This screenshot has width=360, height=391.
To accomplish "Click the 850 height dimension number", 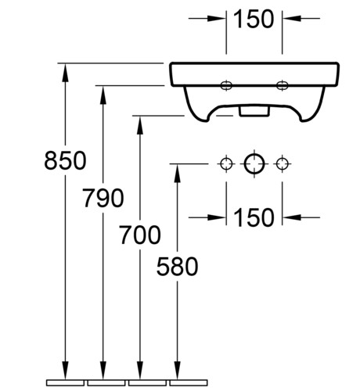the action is (65, 160).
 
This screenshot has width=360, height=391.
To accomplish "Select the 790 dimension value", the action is (103, 198).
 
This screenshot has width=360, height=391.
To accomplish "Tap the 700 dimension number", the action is (140, 235).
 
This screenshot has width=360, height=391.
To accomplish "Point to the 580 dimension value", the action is (178, 266).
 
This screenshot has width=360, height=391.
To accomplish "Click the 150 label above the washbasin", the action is (254, 19).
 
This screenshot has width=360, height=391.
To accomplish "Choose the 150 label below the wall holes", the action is (254, 217).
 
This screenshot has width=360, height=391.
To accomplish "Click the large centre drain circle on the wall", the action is (254, 164).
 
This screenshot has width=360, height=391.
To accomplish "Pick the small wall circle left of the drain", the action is (226, 164).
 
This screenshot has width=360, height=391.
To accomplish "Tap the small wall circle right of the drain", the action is (282, 164).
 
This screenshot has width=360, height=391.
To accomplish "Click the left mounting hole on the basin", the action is (226, 85).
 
